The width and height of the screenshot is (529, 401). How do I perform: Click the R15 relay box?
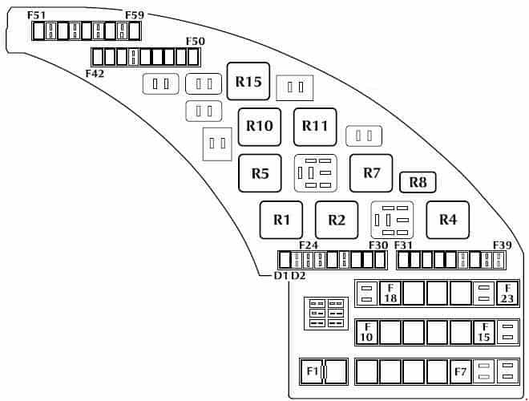coord(248,81)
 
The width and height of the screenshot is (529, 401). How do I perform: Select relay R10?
coord(260,127)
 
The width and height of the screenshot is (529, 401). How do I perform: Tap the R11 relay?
coord(315,127)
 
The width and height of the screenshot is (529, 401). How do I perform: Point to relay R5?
coord(260,173)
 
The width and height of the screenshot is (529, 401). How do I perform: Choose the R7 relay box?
coord(371,173)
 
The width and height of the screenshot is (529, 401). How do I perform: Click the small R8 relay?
coord(418,182)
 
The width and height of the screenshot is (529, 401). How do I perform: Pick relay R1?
coord(281,220)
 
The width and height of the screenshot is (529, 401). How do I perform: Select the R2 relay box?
coord(337,220)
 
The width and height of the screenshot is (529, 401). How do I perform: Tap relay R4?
coord(448,220)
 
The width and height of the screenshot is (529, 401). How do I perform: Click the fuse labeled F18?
coord(390,294)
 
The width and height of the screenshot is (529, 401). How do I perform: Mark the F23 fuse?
coord(507,294)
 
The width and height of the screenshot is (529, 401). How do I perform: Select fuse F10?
coord(367,332)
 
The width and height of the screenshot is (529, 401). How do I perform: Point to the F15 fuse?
coord(484,332)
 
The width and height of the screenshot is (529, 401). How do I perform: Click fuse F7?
coord(461,371)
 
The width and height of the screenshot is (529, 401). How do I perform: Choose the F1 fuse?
coord(312,371)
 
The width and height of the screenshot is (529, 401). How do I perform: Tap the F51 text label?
coord(36,15)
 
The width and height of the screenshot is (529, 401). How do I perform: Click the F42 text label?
coord(95,73)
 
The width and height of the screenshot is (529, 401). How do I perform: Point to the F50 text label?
coord(196,41)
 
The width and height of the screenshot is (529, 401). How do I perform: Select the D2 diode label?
coord(298,276)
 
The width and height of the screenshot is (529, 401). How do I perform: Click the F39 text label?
coord(503,245)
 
